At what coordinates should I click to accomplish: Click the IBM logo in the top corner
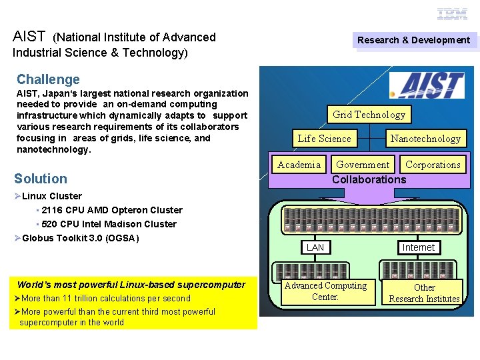click(453, 13)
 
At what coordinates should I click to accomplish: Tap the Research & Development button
click(413, 40)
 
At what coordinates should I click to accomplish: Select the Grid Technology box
click(369, 115)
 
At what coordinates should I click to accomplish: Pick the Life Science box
click(324, 139)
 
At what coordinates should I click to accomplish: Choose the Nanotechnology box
click(425, 139)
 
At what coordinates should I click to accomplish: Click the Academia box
click(299, 165)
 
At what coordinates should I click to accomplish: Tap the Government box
click(363, 165)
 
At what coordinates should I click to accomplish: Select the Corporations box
click(433, 165)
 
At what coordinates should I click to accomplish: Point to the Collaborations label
click(369, 179)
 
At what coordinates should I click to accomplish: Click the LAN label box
click(315, 247)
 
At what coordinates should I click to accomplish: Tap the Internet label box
click(418, 247)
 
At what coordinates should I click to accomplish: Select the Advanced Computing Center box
click(325, 291)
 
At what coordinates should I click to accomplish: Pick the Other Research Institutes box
click(424, 293)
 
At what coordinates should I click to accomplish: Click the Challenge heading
click(48, 79)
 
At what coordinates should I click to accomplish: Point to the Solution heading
click(41, 179)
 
